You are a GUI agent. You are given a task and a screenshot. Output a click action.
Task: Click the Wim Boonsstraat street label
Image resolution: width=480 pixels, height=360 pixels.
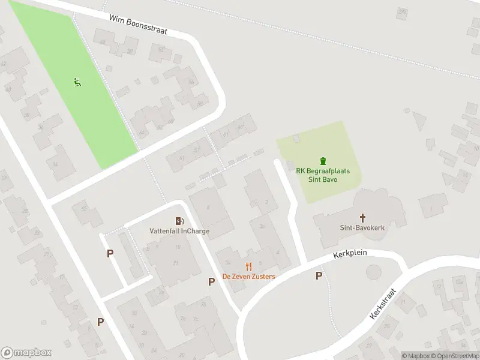click(138, 24)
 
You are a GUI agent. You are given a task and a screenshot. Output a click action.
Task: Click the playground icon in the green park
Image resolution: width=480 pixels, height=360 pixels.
click(77, 83)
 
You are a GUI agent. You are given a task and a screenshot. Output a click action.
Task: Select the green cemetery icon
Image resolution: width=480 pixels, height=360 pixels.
click(324, 160)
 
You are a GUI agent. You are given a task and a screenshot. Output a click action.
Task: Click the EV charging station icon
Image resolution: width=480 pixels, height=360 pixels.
click(179, 221)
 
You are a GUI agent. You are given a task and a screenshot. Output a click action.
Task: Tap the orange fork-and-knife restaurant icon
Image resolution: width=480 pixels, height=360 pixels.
click(248, 266)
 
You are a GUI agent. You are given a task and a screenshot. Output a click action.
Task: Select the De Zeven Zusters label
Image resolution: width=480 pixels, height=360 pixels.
click(248, 277)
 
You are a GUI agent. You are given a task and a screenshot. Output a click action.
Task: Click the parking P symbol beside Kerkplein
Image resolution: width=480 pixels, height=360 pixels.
click(319, 275)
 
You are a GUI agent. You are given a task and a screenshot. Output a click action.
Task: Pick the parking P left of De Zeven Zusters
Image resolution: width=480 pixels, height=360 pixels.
click(211, 281)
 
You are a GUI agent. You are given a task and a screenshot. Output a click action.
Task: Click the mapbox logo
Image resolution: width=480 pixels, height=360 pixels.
click(26, 353)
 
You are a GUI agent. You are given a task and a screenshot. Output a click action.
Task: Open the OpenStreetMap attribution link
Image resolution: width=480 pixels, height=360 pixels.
click(455, 356)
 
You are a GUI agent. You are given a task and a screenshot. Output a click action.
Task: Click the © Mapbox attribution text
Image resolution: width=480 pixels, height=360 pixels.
click(415, 356)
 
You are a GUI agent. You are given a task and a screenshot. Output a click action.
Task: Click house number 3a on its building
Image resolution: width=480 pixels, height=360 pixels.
click(262, 226)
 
